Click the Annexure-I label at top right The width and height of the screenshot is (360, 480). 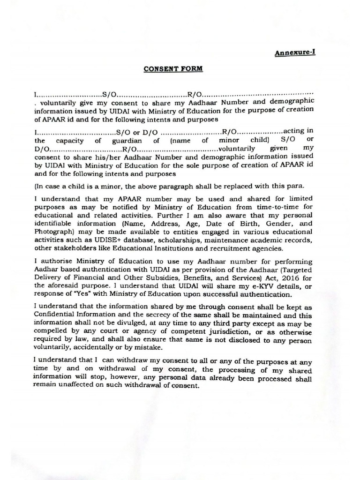295,52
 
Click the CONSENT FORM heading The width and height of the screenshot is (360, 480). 173,68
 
